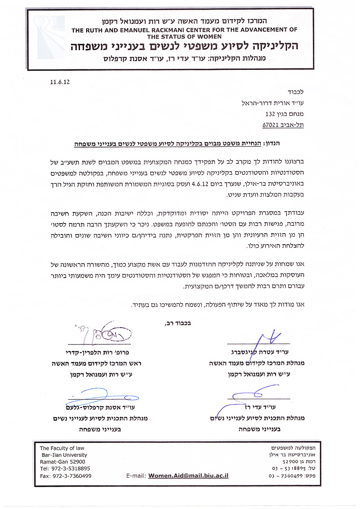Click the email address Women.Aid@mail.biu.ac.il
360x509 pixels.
click(x=188, y=476)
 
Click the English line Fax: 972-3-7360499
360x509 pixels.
click(x=65, y=476)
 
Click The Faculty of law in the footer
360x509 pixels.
click(x=62, y=448)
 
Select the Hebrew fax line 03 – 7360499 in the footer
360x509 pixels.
click(x=296, y=476)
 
